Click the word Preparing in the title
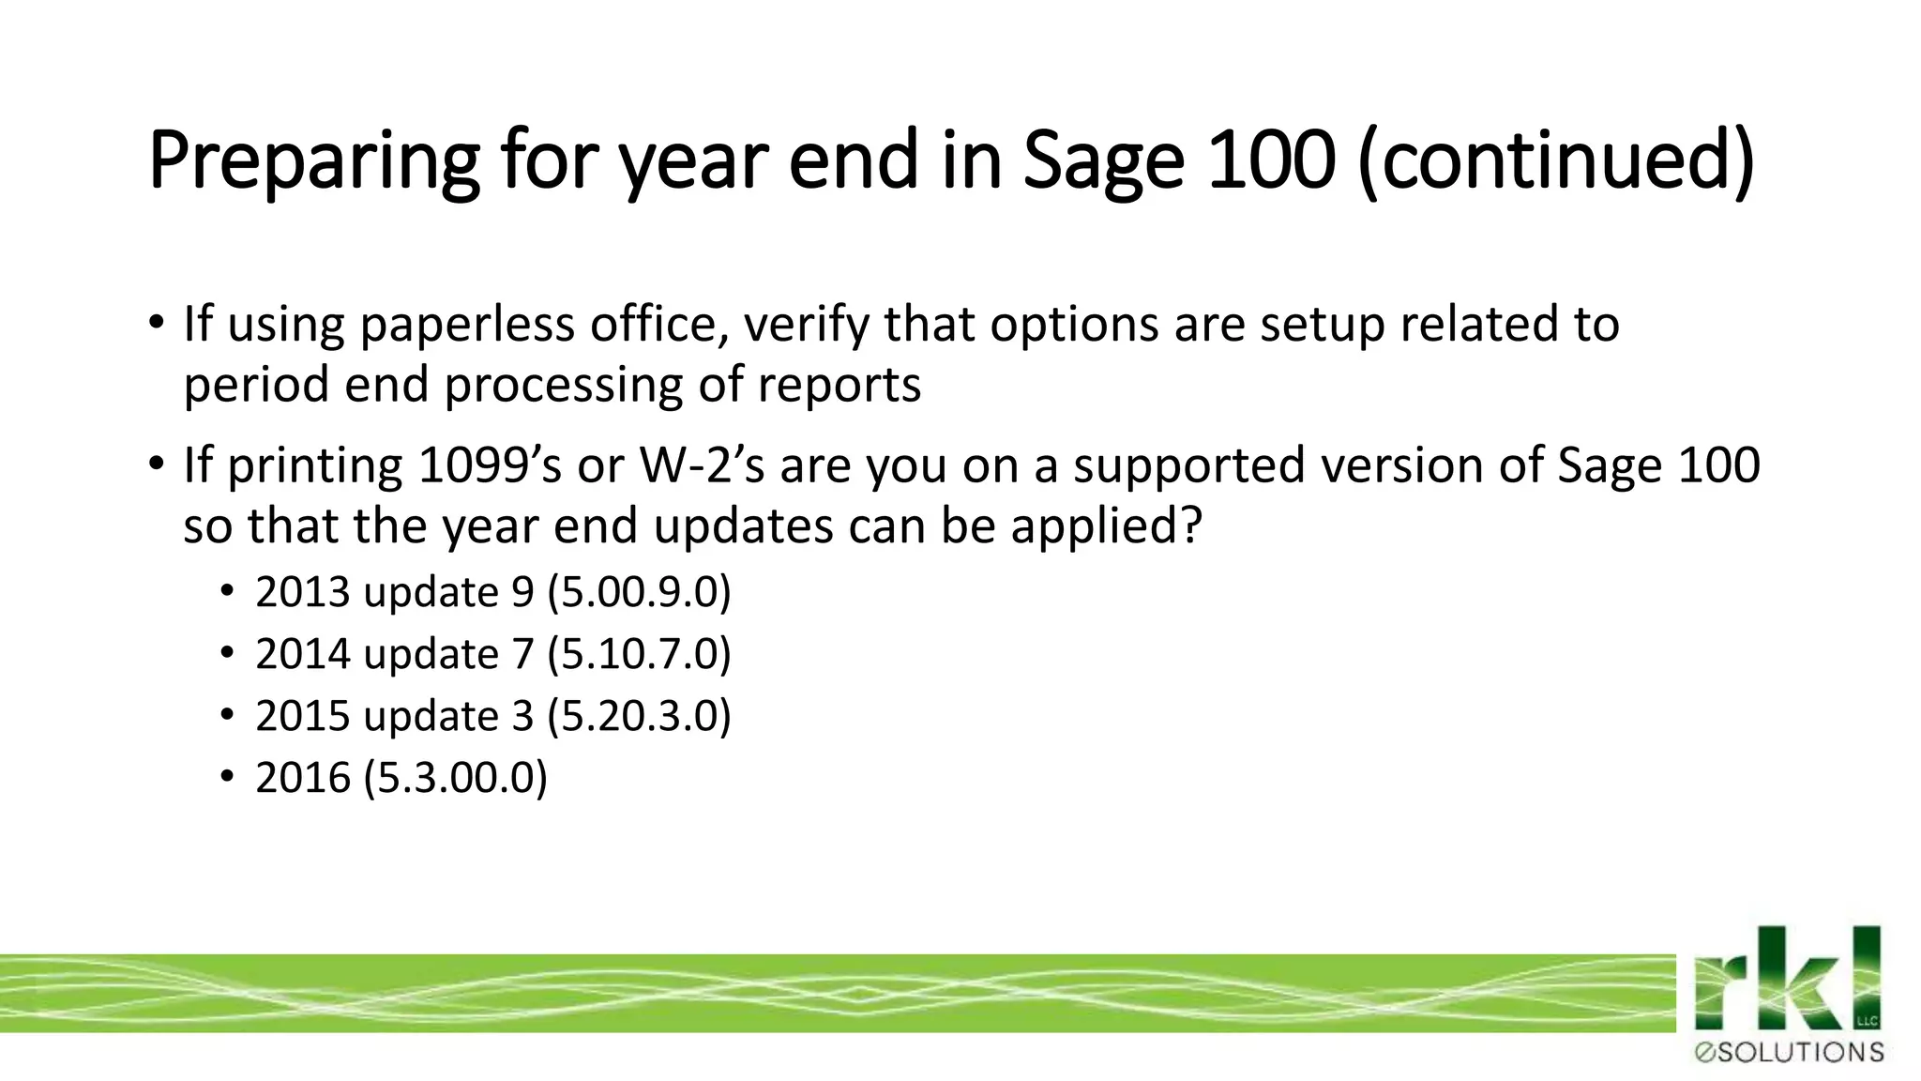point(313,161)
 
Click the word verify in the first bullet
point(806,325)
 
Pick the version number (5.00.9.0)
point(639,593)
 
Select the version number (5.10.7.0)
point(639,654)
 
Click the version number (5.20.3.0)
point(639,716)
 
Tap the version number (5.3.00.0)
point(455,778)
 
